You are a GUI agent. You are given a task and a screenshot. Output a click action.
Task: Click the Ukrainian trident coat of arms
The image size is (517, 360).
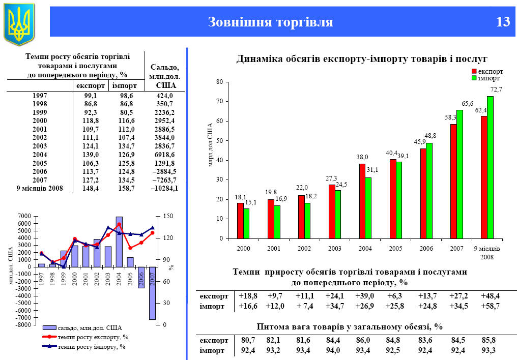click(x=19, y=23)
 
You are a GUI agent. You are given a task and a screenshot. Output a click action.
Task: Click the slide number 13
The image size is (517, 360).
click(x=502, y=22)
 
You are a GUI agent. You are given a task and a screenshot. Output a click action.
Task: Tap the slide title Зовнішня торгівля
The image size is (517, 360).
click(x=270, y=22)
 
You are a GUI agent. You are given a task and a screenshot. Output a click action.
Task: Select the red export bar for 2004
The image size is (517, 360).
click(x=362, y=201)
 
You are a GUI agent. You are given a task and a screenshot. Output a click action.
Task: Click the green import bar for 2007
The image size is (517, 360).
click(x=459, y=174)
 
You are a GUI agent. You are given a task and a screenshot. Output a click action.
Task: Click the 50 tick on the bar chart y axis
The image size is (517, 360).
click(x=220, y=141)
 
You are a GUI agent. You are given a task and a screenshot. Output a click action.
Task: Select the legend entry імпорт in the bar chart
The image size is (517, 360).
click(x=489, y=78)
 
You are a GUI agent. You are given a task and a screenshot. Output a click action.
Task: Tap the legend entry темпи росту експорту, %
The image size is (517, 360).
click(x=93, y=337)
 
